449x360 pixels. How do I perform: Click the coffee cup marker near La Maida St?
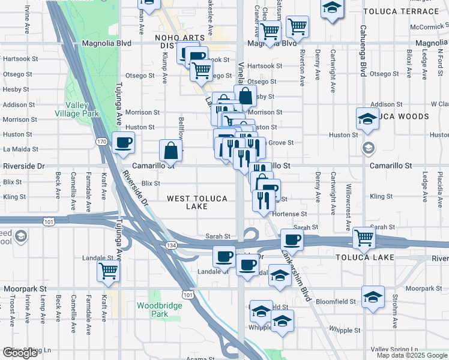[x=124, y=143]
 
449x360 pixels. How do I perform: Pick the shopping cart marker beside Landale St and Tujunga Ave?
[x=108, y=271]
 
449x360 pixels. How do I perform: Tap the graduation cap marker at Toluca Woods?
[x=367, y=119]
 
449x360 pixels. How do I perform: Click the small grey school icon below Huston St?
[x=368, y=148]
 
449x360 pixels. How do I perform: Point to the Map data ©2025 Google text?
[x=412, y=355]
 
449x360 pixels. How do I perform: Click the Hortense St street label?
[x=290, y=214]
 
